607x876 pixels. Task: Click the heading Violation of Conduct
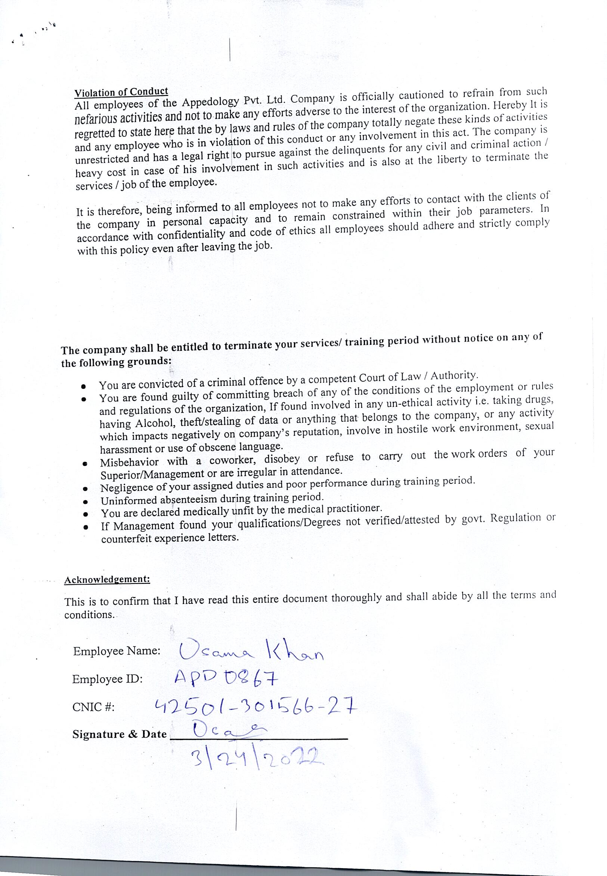121,92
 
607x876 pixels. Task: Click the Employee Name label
117,651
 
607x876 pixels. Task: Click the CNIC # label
93,707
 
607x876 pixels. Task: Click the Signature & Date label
120,734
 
